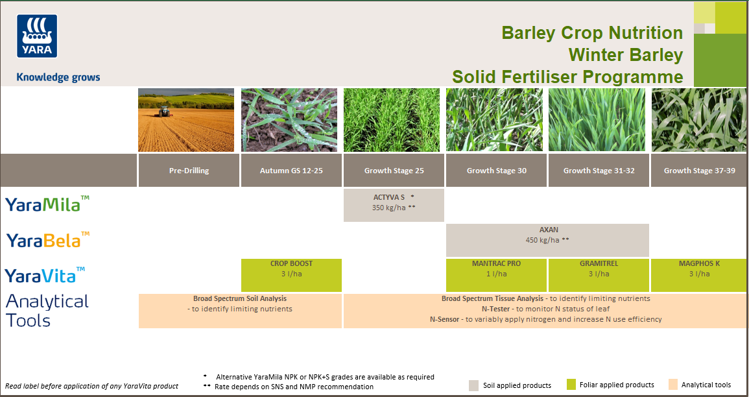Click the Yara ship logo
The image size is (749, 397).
(x=37, y=36)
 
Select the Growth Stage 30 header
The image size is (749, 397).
(x=496, y=171)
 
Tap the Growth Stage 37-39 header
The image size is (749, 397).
(x=699, y=171)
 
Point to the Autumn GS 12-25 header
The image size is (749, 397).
(x=291, y=171)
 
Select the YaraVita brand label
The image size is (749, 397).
(x=45, y=275)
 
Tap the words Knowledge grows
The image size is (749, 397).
(x=58, y=77)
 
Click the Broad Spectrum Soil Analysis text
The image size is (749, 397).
(x=240, y=299)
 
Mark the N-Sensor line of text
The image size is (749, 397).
(x=545, y=319)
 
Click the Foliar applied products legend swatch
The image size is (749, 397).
(x=571, y=385)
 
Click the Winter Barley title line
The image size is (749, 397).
(x=625, y=55)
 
